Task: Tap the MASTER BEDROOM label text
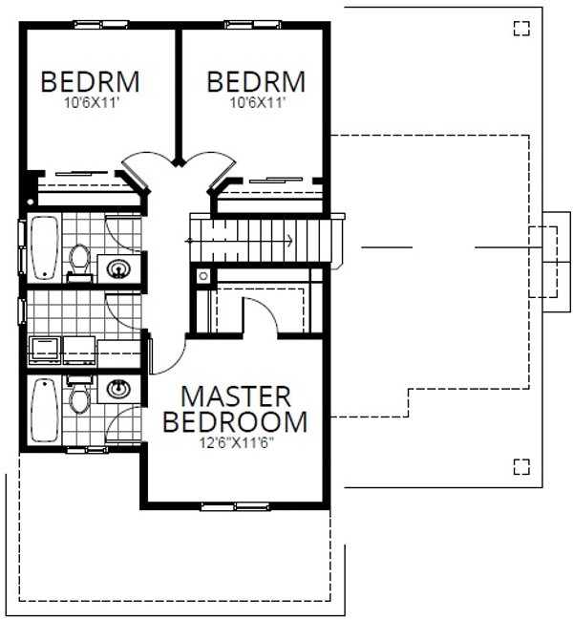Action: (x=236, y=408)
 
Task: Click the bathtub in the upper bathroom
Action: (x=44, y=248)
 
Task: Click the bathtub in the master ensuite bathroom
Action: (x=44, y=410)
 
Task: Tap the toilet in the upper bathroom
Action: (x=80, y=260)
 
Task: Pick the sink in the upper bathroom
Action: (x=119, y=267)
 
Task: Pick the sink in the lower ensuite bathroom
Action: (x=119, y=389)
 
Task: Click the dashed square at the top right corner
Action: (x=520, y=28)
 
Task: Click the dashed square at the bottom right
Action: (x=520, y=466)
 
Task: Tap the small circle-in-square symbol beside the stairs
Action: (x=202, y=276)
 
